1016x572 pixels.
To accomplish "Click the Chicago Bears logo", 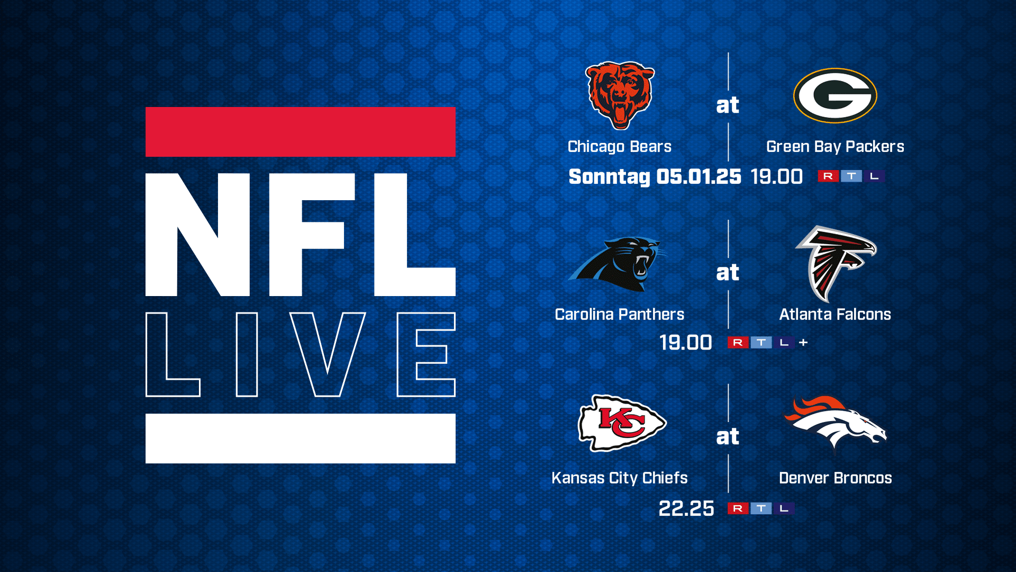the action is [620, 96].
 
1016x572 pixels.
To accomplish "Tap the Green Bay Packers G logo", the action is [835, 96].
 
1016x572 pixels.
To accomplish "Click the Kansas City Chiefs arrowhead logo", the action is [622, 423].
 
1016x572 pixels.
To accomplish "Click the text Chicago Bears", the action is [619, 147].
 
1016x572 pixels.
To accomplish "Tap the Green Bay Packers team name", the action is [835, 147].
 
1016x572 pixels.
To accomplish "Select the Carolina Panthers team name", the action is [619, 315].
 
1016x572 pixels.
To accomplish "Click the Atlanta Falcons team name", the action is [835, 315].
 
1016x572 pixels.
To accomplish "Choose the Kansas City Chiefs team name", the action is [619, 478].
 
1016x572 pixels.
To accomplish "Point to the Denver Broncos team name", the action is [835, 478].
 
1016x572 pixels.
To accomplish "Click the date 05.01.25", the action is [698, 177].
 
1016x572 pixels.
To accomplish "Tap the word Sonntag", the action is [609, 177].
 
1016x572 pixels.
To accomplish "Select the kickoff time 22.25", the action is [686, 509].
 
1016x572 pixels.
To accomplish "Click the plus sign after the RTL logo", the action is [803, 343].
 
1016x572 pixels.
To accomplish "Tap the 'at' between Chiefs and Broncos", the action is [728, 437].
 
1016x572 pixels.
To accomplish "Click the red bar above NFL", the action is [301, 132].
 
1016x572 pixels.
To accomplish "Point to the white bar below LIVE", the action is [301, 439].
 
